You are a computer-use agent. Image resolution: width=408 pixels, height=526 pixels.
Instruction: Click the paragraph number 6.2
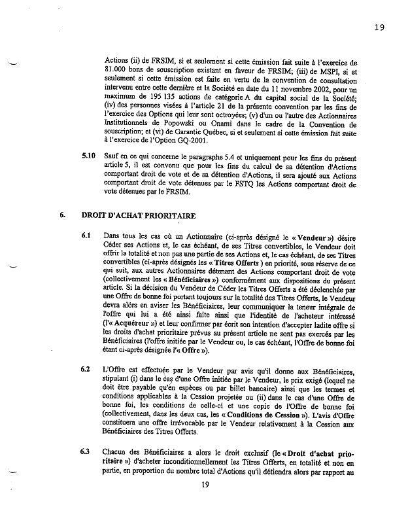pos(86,370)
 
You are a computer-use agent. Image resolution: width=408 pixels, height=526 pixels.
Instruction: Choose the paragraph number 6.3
pos(86,451)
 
